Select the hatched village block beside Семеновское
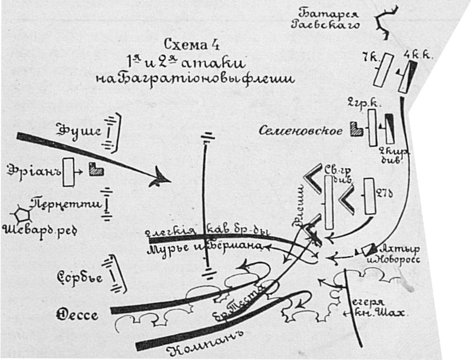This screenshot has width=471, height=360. click(356, 129)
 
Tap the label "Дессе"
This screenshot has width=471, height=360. click(78, 315)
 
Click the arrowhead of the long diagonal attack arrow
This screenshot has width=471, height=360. click(160, 179)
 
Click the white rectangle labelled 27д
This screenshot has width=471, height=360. click(369, 197)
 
